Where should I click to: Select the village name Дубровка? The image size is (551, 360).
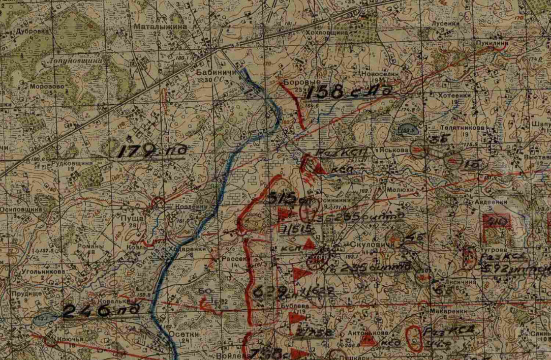(x=34, y=31)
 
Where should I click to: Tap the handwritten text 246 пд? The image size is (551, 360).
(x=100, y=311)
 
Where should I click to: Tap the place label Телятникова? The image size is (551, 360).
(x=466, y=128)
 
